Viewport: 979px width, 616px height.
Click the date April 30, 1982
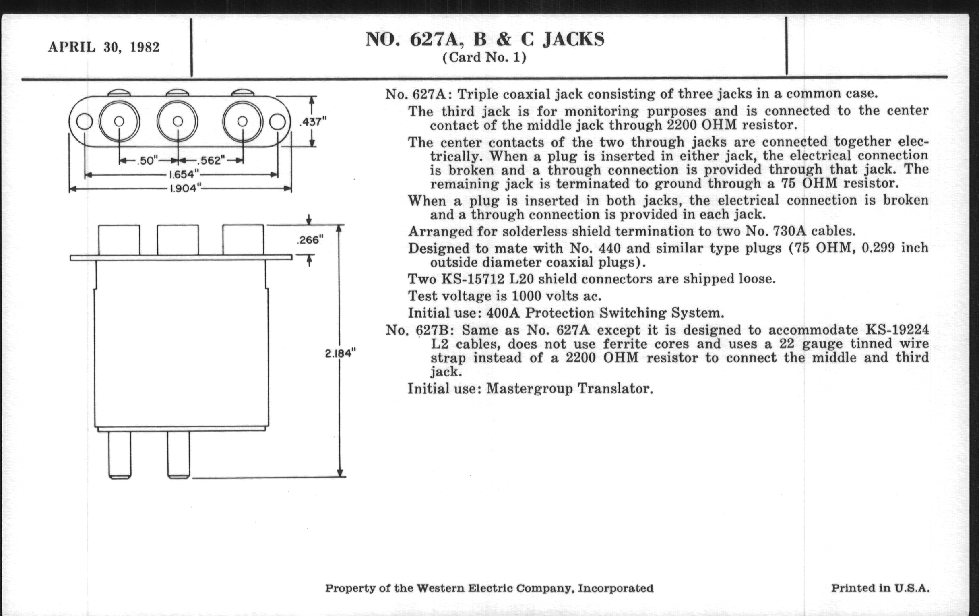104,47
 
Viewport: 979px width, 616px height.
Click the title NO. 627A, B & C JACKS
485,39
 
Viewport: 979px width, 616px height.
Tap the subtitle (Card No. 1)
484,57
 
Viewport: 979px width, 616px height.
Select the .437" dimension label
313,122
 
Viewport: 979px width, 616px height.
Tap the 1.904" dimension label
186,189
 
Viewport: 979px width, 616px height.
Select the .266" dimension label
310,240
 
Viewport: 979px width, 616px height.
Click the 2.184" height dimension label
340,353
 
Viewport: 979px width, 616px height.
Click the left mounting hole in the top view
84,122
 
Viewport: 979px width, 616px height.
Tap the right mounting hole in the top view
277,122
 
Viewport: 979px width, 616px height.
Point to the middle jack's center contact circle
178,121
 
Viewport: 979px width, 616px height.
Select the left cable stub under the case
120,454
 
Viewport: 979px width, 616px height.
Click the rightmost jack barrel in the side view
243,240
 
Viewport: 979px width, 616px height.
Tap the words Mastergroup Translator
570,389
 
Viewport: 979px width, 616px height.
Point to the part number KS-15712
473,279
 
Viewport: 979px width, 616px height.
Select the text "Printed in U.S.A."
880,588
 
